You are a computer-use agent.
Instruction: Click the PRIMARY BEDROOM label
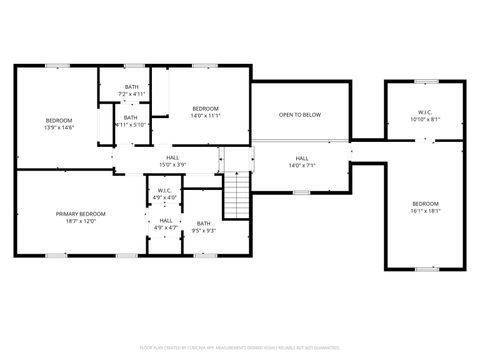pyautogui.click(x=81, y=213)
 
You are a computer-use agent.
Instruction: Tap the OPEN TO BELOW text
pyautogui.click(x=300, y=115)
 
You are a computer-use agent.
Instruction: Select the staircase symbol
pyautogui.click(x=236, y=193)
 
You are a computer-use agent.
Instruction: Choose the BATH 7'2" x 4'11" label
pyautogui.click(x=132, y=90)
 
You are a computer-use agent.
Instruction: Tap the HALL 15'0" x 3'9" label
pyautogui.click(x=173, y=161)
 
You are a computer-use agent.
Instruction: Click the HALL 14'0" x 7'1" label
pyautogui.click(x=302, y=161)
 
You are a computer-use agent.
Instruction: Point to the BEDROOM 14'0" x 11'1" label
pyautogui.click(x=205, y=111)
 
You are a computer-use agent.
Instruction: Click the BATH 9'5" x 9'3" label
pyautogui.click(x=204, y=226)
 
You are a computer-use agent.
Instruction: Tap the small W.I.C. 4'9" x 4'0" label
pyautogui.click(x=166, y=193)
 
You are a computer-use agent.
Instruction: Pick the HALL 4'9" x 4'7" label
pyautogui.click(x=166, y=224)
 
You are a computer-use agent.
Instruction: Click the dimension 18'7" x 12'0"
pyautogui.click(x=81, y=220)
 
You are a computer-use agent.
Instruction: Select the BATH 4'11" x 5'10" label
pyautogui.click(x=131, y=121)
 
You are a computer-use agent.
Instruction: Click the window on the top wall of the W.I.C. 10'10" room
pyautogui.click(x=425, y=81)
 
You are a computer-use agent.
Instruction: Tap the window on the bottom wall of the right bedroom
pyautogui.click(x=425, y=268)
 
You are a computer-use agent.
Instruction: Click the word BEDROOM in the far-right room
pyautogui.click(x=425, y=204)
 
